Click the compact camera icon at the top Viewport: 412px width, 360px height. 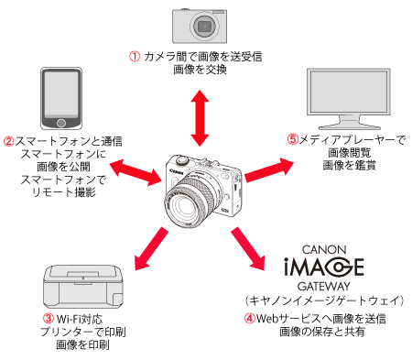(x=200, y=26)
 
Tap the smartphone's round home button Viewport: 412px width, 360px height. (x=61, y=123)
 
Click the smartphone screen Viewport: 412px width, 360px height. (x=61, y=94)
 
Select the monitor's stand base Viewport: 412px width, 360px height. (x=350, y=126)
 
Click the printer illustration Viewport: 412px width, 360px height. (x=83, y=287)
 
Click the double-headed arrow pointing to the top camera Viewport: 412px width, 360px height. (x=200, y=118)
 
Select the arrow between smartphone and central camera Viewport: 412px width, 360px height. (x=136, y=172)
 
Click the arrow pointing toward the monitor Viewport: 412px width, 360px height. (x=269, y=170)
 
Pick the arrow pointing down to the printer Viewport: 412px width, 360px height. (x=151, y=248)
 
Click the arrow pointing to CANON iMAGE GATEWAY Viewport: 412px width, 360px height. (x=248, y=248)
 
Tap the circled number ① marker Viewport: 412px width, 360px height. (x=135, y=57)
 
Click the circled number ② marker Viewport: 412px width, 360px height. (x=9, y=141)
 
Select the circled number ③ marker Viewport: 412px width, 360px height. (x=49, y=319)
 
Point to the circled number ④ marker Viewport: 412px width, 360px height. (x=250, y=319)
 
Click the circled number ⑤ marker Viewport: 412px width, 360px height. (x=293, y=139)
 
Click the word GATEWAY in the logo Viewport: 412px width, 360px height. (x=324, y=286)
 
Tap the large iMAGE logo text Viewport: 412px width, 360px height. (x=324, y=267)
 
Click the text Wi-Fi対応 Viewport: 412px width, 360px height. (x=80, y=319)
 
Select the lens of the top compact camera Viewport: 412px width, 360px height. (x=204, y=27)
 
